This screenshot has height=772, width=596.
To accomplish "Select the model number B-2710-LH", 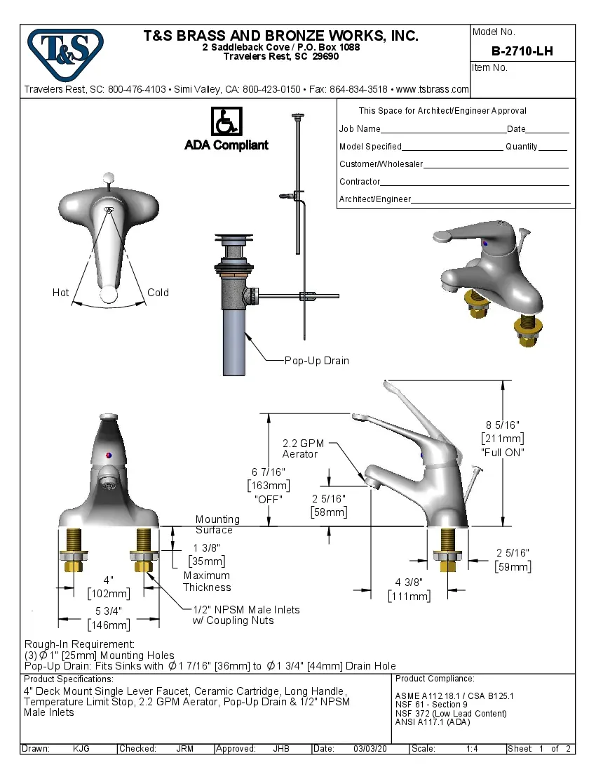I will coord(522,51).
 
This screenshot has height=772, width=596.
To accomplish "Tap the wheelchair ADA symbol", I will coord(226,122).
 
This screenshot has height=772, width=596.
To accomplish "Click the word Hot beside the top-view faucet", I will coord(61,293).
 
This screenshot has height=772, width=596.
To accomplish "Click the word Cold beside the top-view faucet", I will coord(158,293).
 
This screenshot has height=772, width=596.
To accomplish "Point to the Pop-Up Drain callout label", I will coord(316,361).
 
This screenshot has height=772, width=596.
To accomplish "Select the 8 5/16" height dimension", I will coord(502,425).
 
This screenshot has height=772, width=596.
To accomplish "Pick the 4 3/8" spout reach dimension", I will coord(409,583).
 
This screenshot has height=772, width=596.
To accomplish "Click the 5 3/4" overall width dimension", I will coord(108,611).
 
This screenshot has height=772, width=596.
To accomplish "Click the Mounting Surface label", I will coord(217,524).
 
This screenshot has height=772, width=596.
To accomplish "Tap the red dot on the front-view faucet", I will coord(108,456).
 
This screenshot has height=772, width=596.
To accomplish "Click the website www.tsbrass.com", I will coord(432,89).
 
